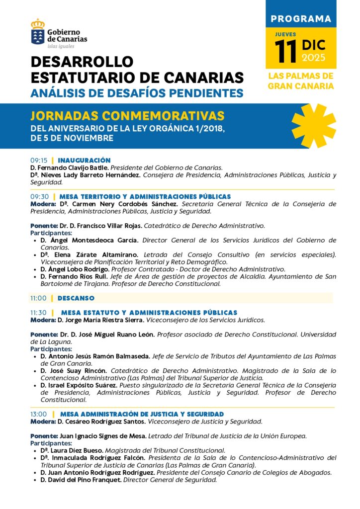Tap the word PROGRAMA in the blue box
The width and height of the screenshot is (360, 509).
[x=300, y=19]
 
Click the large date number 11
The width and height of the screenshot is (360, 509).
[x=287, y=52]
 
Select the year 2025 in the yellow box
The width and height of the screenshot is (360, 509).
[x=313, y=58]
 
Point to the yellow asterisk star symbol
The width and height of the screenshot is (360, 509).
[x=313, y=125]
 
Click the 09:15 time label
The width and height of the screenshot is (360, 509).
[x=39, y=161]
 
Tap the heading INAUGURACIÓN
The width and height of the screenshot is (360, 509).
[x=84, y=161]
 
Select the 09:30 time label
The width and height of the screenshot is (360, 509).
[x=39, y=197]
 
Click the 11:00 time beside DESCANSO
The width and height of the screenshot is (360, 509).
[x=39, y=298]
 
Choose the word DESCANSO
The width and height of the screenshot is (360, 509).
[x=76, y=298]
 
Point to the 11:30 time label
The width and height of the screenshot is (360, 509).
[x=39, y=313]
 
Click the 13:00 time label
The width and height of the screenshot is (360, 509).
[x=39, y=414]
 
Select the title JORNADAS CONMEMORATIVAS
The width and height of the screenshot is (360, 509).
[x=127, y=116]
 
